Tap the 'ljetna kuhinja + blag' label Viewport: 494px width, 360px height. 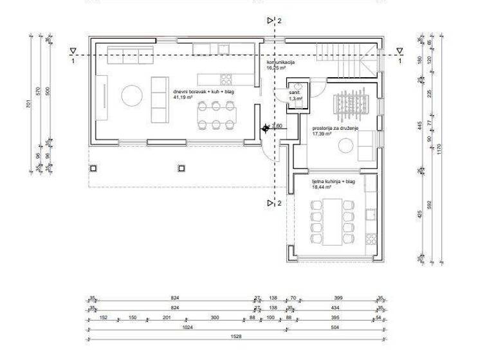coord(333,182)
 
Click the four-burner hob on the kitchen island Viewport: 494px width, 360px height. coord(227,79)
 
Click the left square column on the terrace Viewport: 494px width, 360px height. coord(94,168)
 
